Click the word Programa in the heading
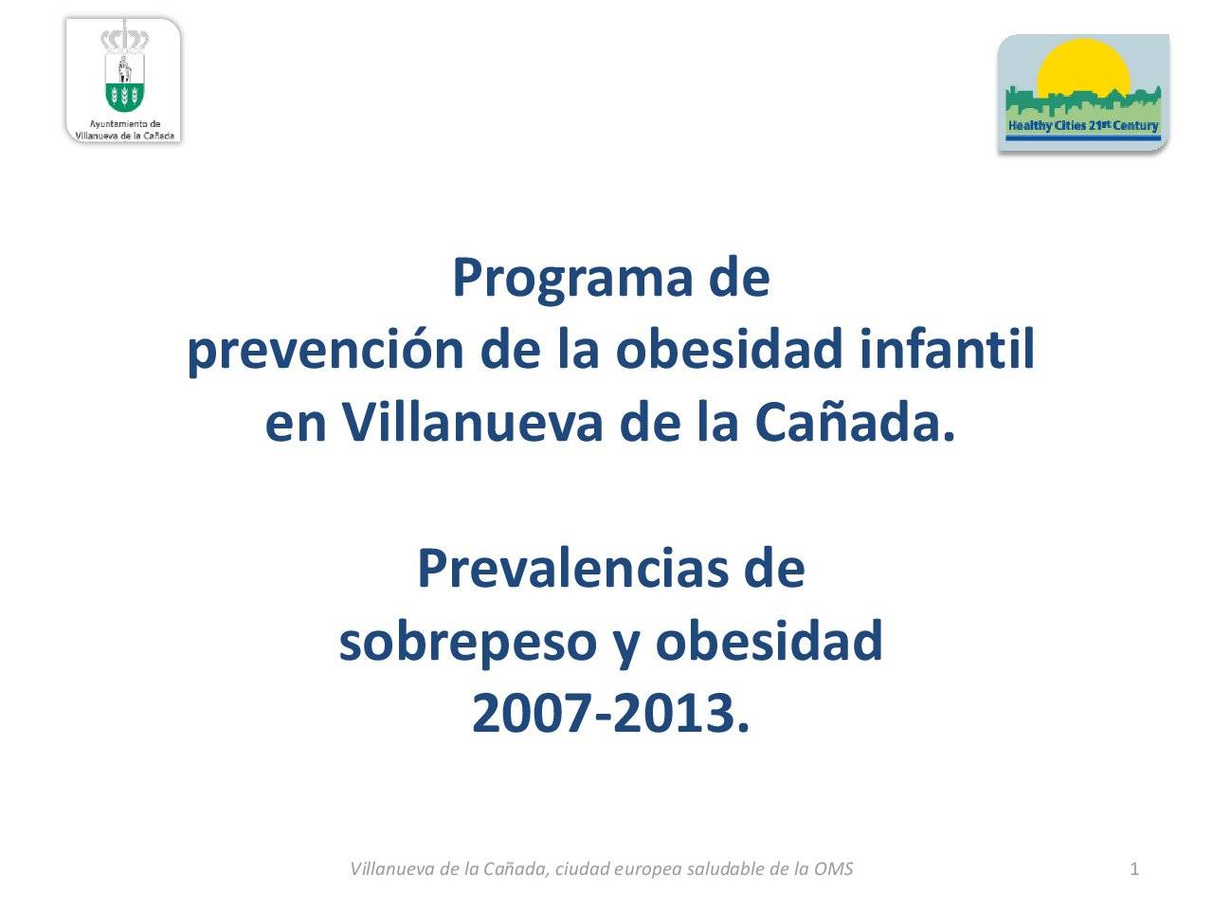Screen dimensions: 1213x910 point(572,280)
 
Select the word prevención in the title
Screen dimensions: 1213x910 point(325,351)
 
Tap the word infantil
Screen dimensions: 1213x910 point(947,348)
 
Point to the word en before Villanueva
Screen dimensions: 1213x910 point(296,424)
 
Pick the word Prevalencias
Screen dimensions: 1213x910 point(572,568)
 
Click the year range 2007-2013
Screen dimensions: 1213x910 point(610,713)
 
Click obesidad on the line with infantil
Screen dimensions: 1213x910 point(729,348)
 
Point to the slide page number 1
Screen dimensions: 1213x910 point(1134,869)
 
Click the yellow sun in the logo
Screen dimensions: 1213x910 point(1082,68)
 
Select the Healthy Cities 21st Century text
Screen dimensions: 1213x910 point(1082,126)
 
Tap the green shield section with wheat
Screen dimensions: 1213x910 point(124,96)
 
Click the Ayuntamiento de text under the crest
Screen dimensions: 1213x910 point(124,124)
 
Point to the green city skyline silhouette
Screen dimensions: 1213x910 point(1082,102)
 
